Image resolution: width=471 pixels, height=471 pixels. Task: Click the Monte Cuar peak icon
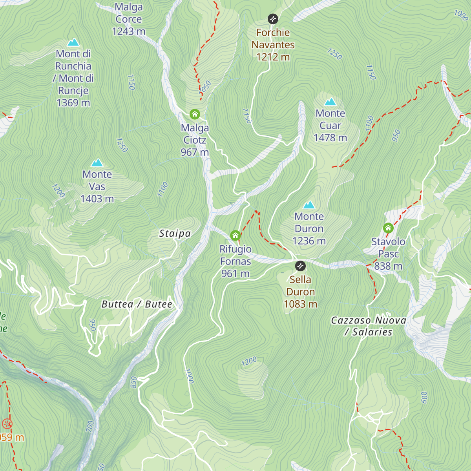pos(330,102)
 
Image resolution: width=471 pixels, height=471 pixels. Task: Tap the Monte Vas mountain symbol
pos(97,162)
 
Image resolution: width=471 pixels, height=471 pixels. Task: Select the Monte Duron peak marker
pos(309,205)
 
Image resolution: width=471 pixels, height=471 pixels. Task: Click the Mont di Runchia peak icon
pos(73,42)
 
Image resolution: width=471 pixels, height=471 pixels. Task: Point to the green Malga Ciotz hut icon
pos(195,114)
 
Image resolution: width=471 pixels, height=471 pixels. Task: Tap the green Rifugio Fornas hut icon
pos(235,235)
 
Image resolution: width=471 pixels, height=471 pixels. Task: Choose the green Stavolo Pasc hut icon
pos(388,228)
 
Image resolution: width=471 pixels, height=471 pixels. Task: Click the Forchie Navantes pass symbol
pos(273,19)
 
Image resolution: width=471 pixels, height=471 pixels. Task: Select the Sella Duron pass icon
pos(300,266)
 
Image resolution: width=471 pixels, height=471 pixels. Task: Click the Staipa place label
pos(175,234)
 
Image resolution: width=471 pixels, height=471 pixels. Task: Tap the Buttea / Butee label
pos(137,304)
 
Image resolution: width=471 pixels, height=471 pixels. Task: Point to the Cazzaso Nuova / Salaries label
pos(368,326)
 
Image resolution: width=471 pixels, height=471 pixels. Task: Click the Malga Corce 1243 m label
pos(129,19)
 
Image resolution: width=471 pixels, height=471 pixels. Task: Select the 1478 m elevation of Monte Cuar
pos(330,138)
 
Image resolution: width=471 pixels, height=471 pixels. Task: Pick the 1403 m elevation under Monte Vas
pos(97,199)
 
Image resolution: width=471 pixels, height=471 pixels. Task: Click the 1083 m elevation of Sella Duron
pos(300,304)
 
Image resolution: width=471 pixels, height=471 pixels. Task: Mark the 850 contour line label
pos(133,382)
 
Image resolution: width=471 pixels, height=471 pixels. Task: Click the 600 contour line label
pos(424,397)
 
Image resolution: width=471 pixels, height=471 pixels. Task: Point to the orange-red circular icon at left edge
pos(7,424)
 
